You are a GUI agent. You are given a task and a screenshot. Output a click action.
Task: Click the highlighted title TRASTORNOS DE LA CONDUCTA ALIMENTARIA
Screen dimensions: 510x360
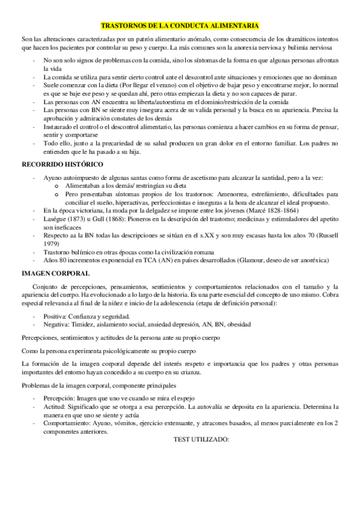[x=180, y=26]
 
